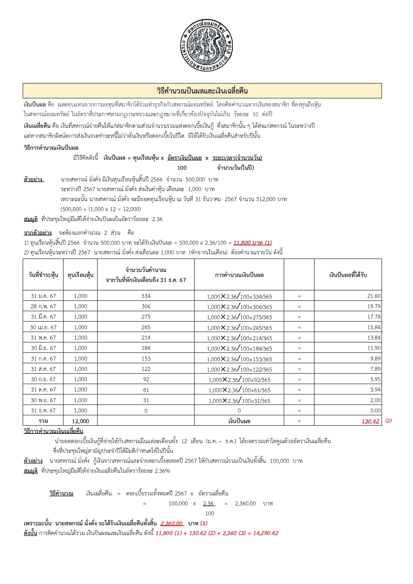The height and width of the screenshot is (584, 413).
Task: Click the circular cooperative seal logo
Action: point(206,45)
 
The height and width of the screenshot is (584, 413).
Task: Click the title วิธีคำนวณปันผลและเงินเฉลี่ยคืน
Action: point(202,91)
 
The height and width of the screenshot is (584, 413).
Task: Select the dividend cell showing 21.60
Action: point(374,296)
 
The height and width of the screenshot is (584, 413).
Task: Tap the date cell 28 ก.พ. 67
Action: point(43,306)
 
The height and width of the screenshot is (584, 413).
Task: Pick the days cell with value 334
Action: point(146,296)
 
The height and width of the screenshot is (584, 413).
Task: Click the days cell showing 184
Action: point(146,348)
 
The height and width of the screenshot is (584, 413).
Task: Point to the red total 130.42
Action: point(370,421)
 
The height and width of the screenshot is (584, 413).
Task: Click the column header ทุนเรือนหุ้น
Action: point(80,275)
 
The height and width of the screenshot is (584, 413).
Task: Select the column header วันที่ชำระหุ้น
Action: point(43,275)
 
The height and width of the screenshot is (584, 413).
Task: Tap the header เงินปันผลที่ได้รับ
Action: point(348,275)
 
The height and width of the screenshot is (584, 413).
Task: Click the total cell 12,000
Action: point(80,421)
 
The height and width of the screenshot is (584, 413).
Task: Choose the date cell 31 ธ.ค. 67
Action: point(43,411)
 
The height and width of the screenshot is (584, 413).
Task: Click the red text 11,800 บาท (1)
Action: point(252,243)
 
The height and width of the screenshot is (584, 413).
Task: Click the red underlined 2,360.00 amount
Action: point(172,523)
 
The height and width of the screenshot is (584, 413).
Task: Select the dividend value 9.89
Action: point(375,359)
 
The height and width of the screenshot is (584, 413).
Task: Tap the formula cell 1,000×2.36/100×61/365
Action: point(239,390)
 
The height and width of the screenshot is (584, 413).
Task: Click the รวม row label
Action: point(43,421)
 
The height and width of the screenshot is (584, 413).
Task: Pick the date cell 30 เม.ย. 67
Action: point(43,327)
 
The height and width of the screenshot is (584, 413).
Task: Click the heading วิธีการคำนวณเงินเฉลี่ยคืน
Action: point(53,431)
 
